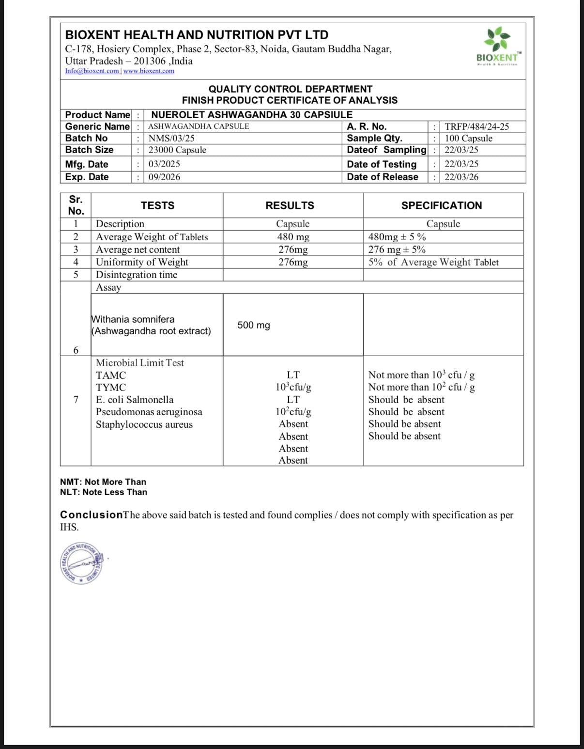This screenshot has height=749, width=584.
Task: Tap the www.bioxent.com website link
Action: tap(149, 71)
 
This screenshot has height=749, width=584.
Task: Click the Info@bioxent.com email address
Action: tap(92, 71)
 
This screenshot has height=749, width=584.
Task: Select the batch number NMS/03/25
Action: tap(171, 138)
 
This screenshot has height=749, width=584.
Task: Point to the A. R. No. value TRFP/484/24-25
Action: tap(476, 126)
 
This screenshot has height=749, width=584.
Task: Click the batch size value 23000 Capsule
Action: tap(177, 150)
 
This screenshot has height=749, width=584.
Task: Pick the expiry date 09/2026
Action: tap(164, 177)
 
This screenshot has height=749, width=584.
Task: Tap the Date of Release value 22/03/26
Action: tap(461, 177)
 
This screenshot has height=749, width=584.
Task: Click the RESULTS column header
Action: tap(290, 205)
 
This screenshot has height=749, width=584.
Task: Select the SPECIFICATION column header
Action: tap(441, 205)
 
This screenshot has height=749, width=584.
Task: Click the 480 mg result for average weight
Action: tap(293, 237)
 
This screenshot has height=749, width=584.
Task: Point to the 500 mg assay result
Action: tap(253, 325)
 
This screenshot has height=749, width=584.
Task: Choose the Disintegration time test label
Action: tap(137, 275)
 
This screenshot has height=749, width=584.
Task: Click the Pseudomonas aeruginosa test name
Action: tap(149, 412)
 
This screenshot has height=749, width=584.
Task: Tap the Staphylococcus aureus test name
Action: tap(144, 424)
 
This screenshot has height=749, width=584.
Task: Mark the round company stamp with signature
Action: tap(80, 563)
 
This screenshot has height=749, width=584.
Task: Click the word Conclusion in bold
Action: tap(91, 515)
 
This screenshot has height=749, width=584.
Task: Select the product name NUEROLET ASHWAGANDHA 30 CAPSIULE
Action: tap(252, 115)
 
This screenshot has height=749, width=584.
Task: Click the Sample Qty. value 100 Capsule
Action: tap(468, 138)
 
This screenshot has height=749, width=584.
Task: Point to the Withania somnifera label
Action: tap(133, 319)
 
